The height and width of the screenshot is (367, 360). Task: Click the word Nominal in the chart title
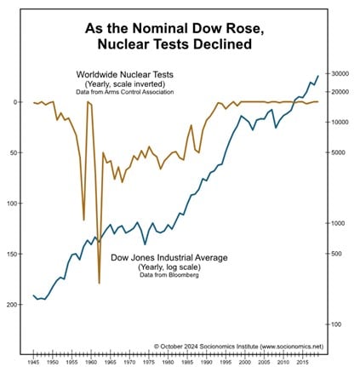[159, 29]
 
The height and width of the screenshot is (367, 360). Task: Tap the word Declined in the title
[223, 44]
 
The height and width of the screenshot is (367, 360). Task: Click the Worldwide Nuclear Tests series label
[125, 75]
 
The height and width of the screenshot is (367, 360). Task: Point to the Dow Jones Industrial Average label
[169, 258]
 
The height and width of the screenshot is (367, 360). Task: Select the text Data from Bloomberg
[169, 275]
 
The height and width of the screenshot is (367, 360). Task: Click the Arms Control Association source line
[125, 92]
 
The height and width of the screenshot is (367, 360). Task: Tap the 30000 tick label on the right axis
[340, 74]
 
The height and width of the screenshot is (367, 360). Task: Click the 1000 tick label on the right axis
[340, 223]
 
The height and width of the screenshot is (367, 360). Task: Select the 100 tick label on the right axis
[338, 324]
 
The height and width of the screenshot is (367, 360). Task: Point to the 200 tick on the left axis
[13, 304]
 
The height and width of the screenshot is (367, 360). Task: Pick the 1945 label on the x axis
[33, 362]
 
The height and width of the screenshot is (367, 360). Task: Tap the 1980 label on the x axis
[168, 362]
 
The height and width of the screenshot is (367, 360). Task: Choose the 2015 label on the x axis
[303, 362]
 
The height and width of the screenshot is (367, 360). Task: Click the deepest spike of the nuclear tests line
[100, 283]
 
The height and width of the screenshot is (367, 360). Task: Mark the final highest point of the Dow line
[318, 76]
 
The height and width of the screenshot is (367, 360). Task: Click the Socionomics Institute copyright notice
[238, 347]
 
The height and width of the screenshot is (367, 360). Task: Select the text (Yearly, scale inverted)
[125, 84]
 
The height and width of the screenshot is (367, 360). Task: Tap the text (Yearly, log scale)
[169, 267]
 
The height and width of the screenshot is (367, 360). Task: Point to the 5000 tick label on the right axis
[340, 152]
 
